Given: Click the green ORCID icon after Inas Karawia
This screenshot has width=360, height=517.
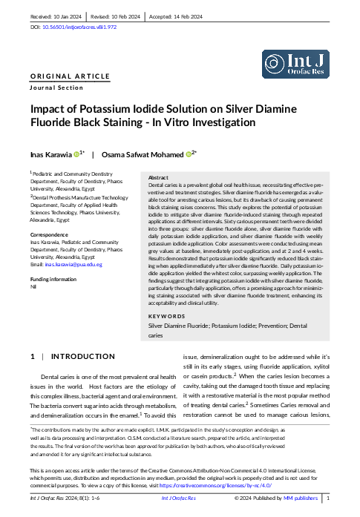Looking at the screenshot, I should tap(76, 154).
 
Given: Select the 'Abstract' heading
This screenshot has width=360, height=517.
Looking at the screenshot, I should tap(158, 178).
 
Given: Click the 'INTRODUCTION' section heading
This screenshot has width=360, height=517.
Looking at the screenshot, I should tap(82, 356).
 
